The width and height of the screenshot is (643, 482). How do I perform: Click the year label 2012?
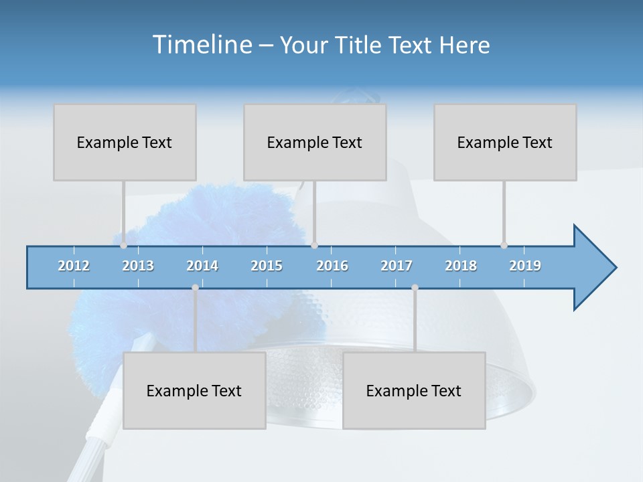click(74, 266)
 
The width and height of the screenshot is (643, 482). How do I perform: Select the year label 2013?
click(138, 266)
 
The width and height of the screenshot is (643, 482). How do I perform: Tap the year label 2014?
click(202, 266)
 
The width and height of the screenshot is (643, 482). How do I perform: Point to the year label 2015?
click(267, 266)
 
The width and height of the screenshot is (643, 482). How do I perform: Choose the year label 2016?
click(332, 266)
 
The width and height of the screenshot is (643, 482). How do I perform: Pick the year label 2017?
click(397, 266)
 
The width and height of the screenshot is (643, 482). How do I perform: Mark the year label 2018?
click(461, 266)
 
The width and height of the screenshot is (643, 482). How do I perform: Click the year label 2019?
click(525, 266)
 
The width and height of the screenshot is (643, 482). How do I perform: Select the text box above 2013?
click(125, 142)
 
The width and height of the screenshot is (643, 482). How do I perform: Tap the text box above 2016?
click(315, 142)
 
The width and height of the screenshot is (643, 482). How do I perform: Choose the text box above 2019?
click(505, 142)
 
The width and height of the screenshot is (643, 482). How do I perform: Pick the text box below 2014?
click(194, 390)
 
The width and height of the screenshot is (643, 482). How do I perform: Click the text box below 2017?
click(414, 390)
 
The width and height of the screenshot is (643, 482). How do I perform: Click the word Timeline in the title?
click(202, 45)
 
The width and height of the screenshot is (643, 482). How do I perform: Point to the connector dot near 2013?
click(124, 246)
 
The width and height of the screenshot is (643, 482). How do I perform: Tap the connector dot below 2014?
click(195, 288)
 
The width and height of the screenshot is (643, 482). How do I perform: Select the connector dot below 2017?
click(415, 288)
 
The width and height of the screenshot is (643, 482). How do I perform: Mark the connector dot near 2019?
click(504, 246)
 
